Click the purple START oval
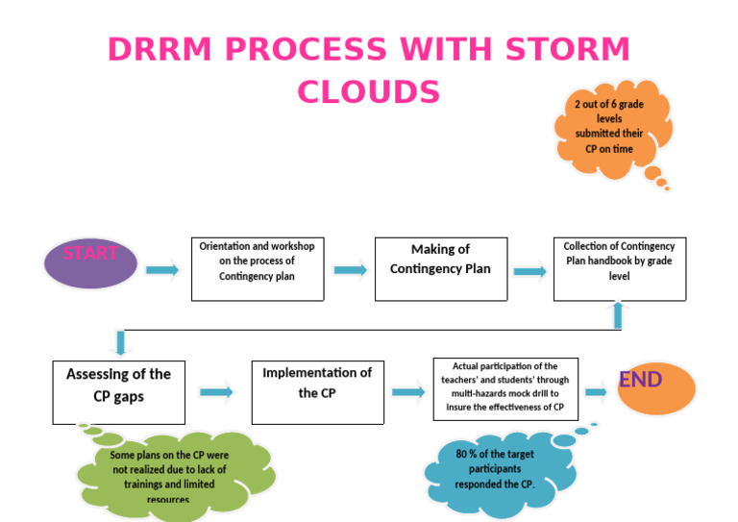(x=91, y=262)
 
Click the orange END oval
(x=655, y=388)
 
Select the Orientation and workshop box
(x=257, y=269)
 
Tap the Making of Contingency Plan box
(x=440, y=269)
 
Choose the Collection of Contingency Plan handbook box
(x=619, y=269)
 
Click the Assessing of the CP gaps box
(x=118, y=392)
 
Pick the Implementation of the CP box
(x=317, y=392)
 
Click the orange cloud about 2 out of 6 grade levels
(x=609, y=127)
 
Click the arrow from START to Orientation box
(x=162, y=270)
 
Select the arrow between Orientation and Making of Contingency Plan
(x=351, y=270)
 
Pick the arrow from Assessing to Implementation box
(x=217, y=391)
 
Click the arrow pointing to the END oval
(x=596, y=391)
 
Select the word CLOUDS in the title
(x=368, y=91)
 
